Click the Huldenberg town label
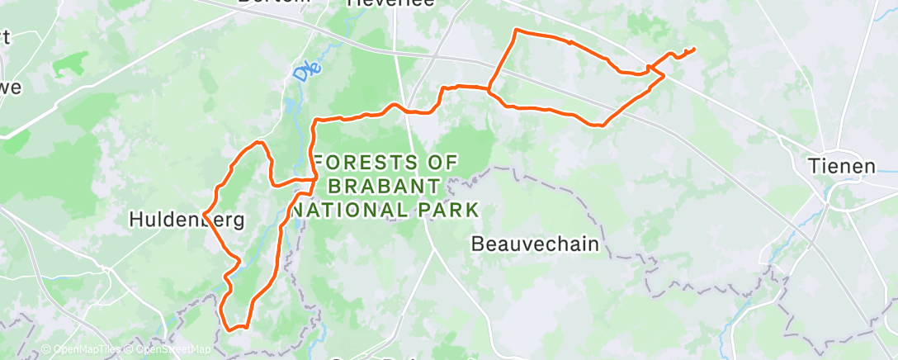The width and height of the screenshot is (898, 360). (x=187, y=220)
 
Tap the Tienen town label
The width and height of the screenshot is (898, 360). (x=841, y=166)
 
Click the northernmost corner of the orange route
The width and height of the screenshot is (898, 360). (x=517, y=30)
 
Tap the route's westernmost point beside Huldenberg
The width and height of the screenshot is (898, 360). (x=204, y=216)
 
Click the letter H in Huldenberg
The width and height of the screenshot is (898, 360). (x=137, y=220)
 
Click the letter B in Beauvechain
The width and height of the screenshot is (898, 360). (x=477, y=244)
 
